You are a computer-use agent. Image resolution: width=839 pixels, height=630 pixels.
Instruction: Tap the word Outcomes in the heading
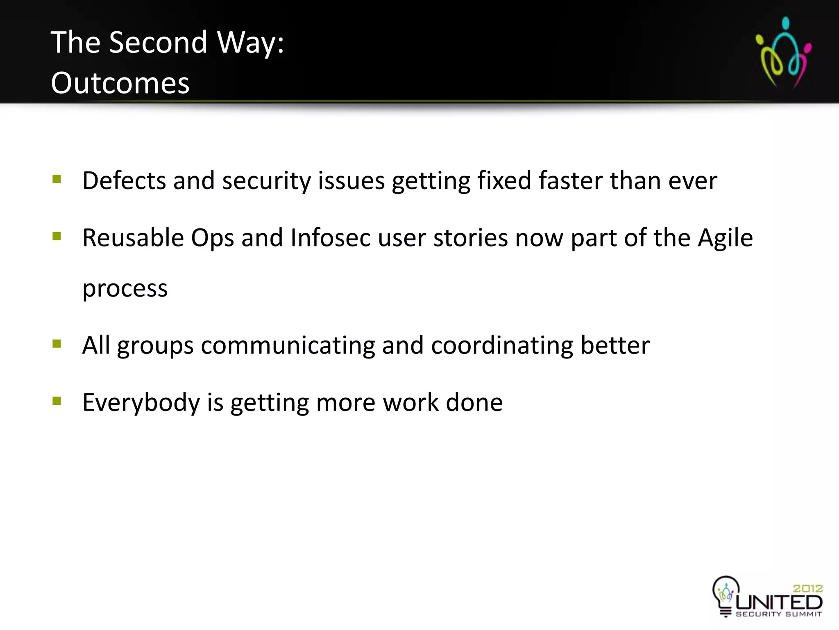(120, 83)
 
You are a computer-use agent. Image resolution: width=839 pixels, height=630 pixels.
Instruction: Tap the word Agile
(725, 238)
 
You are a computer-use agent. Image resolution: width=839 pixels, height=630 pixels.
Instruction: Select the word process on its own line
(125, 288)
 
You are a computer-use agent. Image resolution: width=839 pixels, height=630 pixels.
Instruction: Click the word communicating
(288, 345)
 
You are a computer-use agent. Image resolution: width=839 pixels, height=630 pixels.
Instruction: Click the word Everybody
(141, 402)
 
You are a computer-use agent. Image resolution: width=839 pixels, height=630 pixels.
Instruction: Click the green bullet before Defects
(57, 179)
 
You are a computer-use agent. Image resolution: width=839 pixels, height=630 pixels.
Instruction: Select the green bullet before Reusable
(57, 237)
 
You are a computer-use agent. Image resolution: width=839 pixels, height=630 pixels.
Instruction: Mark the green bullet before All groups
(57, 344)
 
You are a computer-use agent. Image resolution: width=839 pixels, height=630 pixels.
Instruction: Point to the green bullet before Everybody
(57, 401)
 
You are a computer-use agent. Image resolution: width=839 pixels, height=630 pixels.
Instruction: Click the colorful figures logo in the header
(783, 52)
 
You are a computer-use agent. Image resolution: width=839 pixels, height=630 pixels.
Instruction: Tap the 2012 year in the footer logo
(807, 589)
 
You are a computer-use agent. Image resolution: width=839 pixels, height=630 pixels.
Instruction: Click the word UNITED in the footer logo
(779, 603)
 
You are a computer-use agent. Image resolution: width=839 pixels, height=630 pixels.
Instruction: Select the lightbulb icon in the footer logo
(726, 594)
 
